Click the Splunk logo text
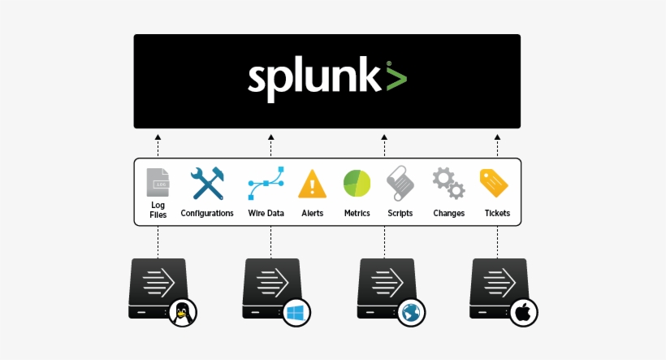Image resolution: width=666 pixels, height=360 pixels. (314, 80)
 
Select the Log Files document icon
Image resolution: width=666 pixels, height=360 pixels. (158, 183)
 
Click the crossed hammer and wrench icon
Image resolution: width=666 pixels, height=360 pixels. (207, 184)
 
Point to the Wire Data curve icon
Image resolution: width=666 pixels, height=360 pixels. (266, 184)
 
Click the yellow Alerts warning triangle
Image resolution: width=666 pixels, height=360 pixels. (312, 184)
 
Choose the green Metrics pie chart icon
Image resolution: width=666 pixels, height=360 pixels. (357, 184)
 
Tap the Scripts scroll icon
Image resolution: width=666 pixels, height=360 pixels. (400, 184)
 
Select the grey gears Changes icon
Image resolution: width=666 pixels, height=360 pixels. (448, 184)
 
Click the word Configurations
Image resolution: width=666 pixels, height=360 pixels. (207, 214)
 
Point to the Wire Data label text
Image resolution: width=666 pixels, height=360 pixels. (266, 214)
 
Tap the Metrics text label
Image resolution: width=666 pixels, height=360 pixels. (357, 214)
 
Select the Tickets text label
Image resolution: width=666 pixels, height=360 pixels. (498, 214)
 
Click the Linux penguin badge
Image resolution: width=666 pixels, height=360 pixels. (183, 313)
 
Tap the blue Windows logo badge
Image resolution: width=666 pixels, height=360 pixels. (296, 313)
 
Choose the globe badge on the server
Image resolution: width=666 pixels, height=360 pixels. (410, 313)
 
